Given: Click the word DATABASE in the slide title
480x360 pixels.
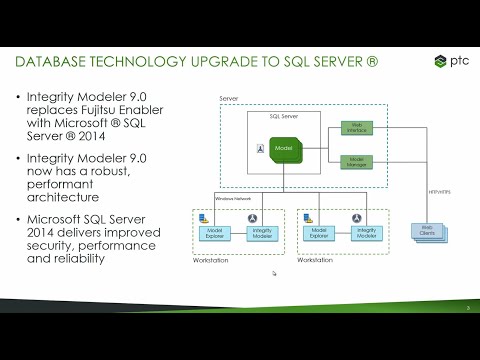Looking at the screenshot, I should click(x=56, y=63).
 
